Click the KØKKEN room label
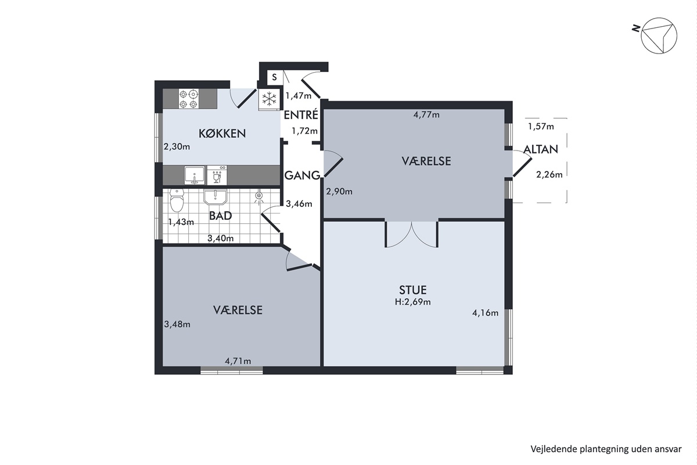(222, 133)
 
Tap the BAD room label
(220, 216)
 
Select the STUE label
(412, 290)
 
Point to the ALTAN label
(541, 149)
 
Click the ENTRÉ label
(301, 115)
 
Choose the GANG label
(302, 176)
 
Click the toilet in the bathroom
(177, 201)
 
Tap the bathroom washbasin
(215, 196)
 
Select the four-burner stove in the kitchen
(189, 99)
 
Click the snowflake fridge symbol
(269, 99)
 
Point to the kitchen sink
(195, 176)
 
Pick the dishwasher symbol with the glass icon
(217, 176)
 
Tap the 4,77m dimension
(426, 115)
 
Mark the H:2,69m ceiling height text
(412, 302)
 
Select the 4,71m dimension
(238, 361)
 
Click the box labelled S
(274, 77)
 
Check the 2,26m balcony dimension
(549, 175)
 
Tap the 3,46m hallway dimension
(299, 204)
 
